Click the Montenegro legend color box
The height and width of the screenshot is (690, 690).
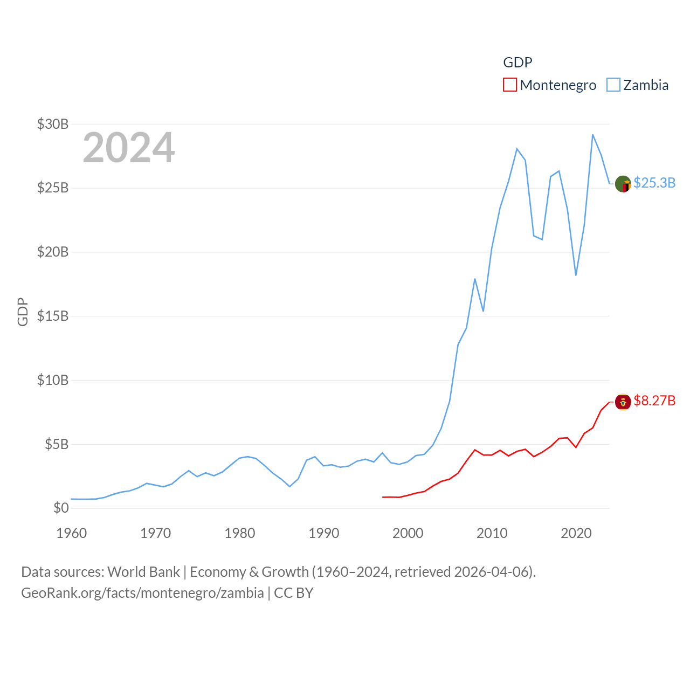509,85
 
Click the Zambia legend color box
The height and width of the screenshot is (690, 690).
613,85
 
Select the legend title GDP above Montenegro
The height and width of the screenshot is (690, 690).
517,63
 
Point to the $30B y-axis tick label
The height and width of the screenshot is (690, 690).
53,124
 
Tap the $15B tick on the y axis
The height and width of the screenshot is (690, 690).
53,316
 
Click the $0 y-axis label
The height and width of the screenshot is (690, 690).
61,508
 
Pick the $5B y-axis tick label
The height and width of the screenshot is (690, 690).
57,444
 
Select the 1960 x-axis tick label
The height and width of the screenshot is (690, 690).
72,533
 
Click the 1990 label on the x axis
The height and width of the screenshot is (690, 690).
324,533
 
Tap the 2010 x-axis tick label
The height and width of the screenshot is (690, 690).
492,533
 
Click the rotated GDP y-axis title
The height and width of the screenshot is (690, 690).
23,312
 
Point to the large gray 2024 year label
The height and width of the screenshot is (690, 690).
129,147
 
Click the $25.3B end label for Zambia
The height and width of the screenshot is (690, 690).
654,183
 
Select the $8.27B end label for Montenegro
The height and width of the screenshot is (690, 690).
654,401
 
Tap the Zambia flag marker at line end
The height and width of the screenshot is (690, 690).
623,184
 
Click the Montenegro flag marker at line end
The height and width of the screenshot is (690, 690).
623,402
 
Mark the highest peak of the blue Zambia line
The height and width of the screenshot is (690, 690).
592,135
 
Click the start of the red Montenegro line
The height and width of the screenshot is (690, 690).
383,497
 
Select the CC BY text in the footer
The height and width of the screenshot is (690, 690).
294,593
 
